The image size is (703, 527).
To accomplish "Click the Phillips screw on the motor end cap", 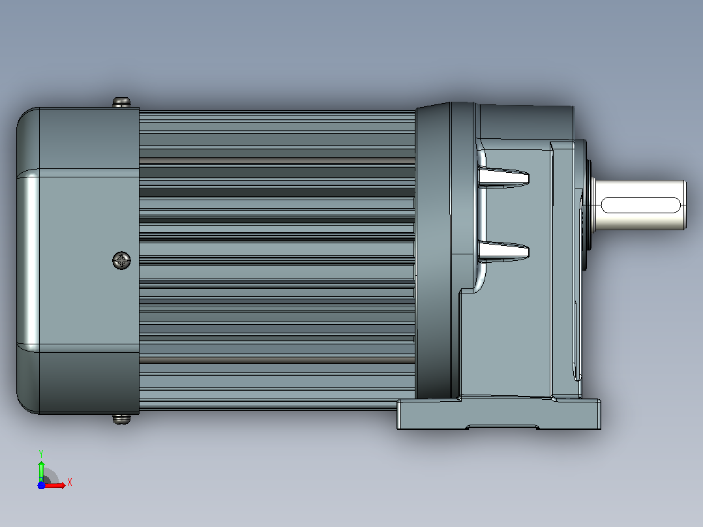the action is tap(121, 261).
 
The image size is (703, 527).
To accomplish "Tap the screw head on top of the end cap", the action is tap(121, 102).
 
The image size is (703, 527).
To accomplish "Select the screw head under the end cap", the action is tap(121, 419).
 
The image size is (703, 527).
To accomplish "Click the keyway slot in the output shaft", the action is tap(640, 205).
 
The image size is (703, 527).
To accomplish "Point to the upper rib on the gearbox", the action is tap(503, 177).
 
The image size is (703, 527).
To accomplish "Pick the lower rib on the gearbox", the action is tap(503, 251).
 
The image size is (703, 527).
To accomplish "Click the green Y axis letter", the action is tap(41, 453).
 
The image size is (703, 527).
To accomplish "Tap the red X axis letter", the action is tap(70, 483).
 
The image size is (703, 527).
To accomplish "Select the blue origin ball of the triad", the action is tap(41, 485).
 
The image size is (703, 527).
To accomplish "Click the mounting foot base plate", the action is tap(499, 414).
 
